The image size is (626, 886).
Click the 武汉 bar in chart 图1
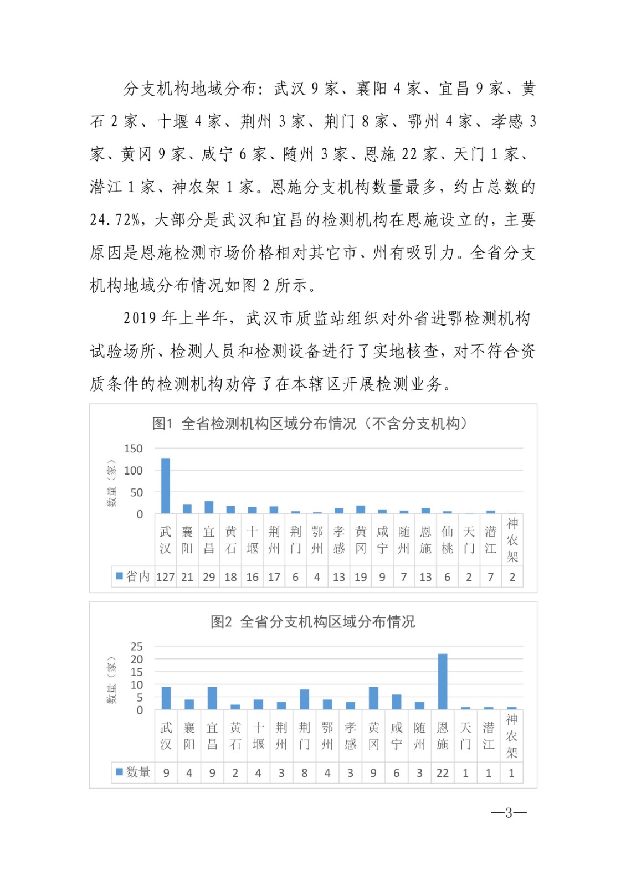pyautogui.click(x=166, y=486)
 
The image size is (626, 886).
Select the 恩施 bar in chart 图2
pyautogui.click(x=443, y=681)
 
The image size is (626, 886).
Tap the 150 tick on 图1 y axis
pyautogui.click(x=133, y=449)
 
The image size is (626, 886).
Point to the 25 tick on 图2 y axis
pyautogui.click(x=136, y=646)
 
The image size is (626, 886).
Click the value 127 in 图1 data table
pyautogui.click(x=166, y=577)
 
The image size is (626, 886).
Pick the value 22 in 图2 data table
pyautogui.click(x=443, y=773)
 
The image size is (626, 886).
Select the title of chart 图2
pyautogui.click(x=312, y=621)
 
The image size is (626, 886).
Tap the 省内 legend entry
pyautogui.click(x=133, y=576)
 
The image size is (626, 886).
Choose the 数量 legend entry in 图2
pyautogui.click(x=133, y=772)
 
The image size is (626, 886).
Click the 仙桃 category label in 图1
pyautogui.click(x=447, y=540)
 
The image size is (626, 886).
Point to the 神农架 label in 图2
pyautogui.click(x=511, y=735)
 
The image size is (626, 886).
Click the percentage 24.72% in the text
pyautogui.click(x=115, y=220)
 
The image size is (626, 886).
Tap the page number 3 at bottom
pyautogui.click(x=509, y=812)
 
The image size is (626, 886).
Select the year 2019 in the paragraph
pyautogui.click(x=140, y=318)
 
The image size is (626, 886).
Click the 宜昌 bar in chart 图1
pyautogui.click(x=209, y=507)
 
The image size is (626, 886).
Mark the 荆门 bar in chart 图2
pyautogui.click(x=304, y=699)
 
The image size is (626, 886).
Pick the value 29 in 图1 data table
pyautogui.click(x=209, y=577)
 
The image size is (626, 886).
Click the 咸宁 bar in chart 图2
pyautogui.click(x=397, y=702)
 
